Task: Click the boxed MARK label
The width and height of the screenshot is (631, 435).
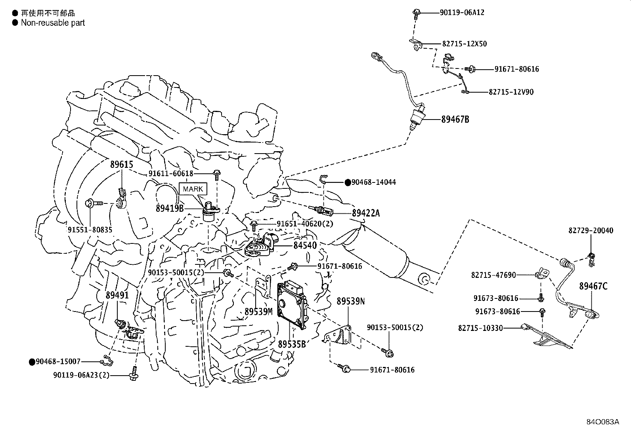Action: pyautogui.click(x=193, y=189)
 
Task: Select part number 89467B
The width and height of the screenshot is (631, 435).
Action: pyautogui.click(x=455, y=119)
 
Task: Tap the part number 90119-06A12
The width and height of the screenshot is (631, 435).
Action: pyautogui.click(x=462, y=12)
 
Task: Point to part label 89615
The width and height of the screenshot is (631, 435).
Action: pyautogui.click(x=121, y=165)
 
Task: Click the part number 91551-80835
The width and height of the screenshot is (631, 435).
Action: pyautogui.click(x=90, y=230)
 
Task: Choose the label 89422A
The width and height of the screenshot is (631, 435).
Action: pyautogui.click(x=365, y=213)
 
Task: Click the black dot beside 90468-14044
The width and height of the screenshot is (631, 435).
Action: pyautogui.click(x=348, y=182)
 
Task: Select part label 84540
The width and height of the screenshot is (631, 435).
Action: pyautogui.click(x=305, y=245)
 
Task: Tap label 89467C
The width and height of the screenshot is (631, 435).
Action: pyautogui.click(x=593, y=286)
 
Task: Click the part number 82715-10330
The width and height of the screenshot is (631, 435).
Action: pyautogui.click(x=480, y=328)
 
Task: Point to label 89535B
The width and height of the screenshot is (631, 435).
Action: pyautogui.click(x=292, y=344)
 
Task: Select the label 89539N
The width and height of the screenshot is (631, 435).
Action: pyautogui.click(x=351, y=301)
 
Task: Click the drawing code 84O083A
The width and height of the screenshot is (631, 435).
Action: pyautogui.click(x=603, y=422)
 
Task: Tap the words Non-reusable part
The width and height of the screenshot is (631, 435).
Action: pyautogui.click(x=53, y=23)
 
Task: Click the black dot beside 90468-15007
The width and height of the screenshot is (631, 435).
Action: pyautogui.click(x=32, y=361)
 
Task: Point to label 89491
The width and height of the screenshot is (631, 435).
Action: pyautogui.click(x=117, y=295)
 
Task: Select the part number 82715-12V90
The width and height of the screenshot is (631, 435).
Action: pyautogui.click(x=511, y=92)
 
